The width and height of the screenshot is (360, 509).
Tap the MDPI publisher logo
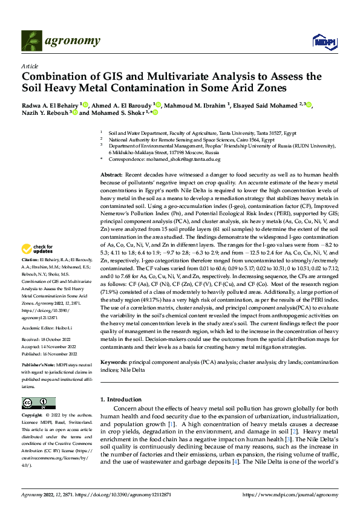coord(322,41)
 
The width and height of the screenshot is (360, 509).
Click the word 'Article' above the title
coord(30,65)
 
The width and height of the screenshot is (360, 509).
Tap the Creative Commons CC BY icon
coord(38,403)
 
